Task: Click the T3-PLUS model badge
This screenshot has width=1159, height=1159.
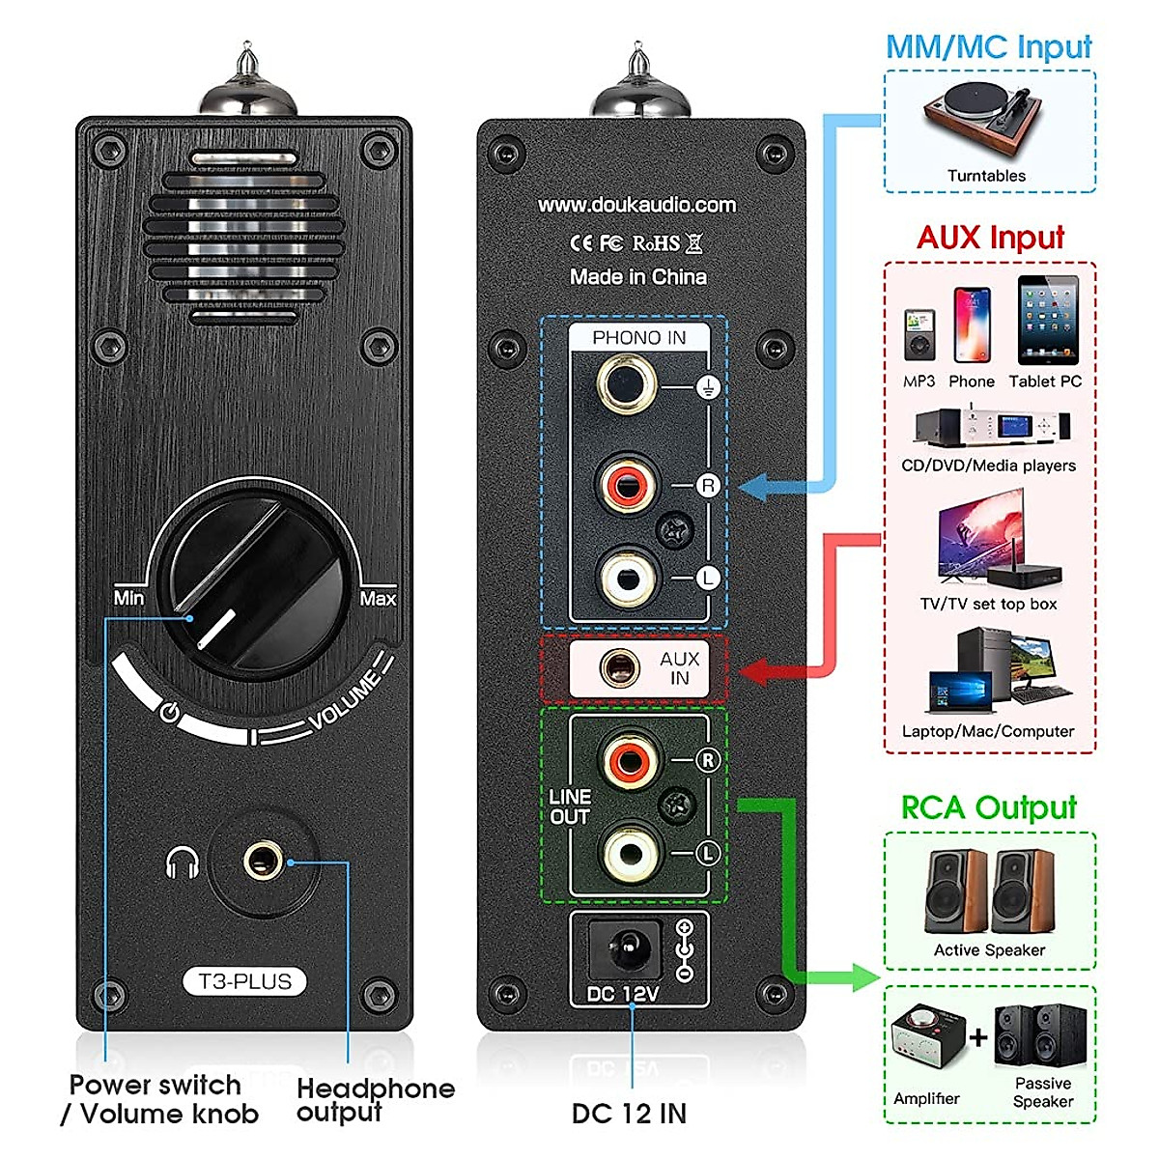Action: click(244, 981)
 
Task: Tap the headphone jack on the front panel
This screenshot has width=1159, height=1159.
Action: click(263, 862)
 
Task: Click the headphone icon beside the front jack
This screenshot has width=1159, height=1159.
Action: click(182, 862)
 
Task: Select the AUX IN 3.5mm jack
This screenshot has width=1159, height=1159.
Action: click(619, 667)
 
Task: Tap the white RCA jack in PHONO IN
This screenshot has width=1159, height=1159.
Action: click(628, 579)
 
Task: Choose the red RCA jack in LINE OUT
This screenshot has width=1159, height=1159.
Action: click(629, 760)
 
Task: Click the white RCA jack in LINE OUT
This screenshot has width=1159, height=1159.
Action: click(629, 853)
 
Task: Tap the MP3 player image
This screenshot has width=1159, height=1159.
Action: click(919, 335)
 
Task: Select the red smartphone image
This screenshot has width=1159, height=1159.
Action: click(972, 325)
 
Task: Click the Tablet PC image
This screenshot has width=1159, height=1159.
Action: click(1048, 320)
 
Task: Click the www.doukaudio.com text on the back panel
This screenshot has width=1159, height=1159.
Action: click(636, 205)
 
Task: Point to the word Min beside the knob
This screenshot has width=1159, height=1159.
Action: click(128, 599)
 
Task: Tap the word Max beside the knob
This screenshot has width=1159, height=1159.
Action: click(378, 599)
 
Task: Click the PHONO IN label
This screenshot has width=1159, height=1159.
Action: click(638, 338)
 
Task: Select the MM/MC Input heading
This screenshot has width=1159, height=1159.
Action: click(989, 46)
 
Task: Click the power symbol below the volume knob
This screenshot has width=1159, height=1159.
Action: click(170, 713)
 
